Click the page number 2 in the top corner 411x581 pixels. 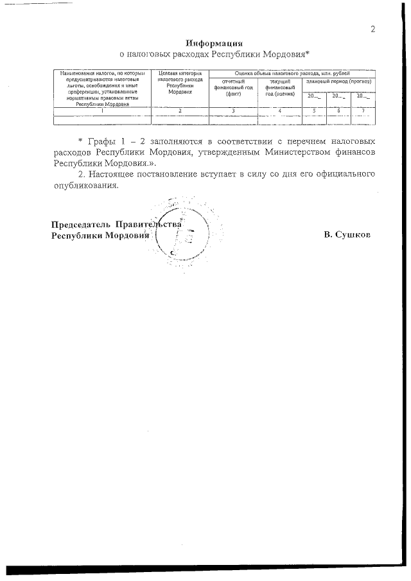point(372,29)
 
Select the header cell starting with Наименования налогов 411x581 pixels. point(103,89)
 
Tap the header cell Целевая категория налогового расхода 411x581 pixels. point(180,83)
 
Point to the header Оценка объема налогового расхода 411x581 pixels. point(293,74)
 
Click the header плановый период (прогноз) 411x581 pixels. point(338,83)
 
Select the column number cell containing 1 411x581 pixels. point(103,111)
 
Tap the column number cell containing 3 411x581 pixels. point(233,111)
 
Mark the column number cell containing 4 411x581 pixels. point(280,111)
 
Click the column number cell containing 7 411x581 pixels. point(363,111)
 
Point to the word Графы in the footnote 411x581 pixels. point(101,140)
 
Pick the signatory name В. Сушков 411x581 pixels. point(347,235)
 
